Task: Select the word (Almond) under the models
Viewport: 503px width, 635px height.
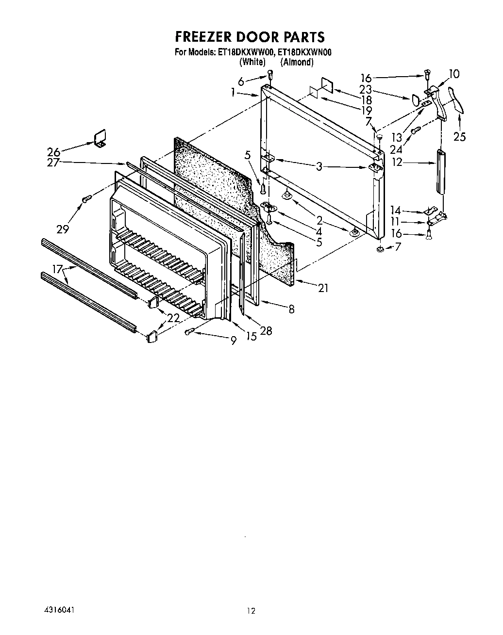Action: point(297,62)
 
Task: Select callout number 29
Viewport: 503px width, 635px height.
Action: point(63,228)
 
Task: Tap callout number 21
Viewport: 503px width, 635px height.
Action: point(323,288)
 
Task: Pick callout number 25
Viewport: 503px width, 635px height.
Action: point(459,137)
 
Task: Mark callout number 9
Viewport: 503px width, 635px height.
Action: point(233,341)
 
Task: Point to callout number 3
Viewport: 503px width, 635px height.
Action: point(319,167)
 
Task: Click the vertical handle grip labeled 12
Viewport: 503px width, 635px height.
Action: point(440,171)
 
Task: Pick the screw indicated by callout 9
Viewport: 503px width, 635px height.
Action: point(190,331)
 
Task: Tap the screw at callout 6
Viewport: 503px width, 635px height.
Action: point(270,75)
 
